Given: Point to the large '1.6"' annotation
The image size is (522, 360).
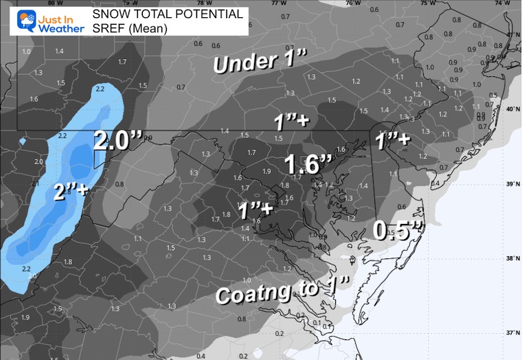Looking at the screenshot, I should point(308,166).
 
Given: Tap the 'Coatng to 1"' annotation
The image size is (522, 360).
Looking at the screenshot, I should point(284,290).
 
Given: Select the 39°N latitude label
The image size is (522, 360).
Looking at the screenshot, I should point(510,184).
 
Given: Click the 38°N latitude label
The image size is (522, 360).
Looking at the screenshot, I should point(510,258).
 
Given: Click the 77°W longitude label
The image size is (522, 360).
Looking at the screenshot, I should point(278,3).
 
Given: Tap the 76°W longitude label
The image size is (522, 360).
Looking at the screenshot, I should point(353,3).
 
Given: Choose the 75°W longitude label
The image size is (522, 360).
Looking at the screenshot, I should point(427,3).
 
